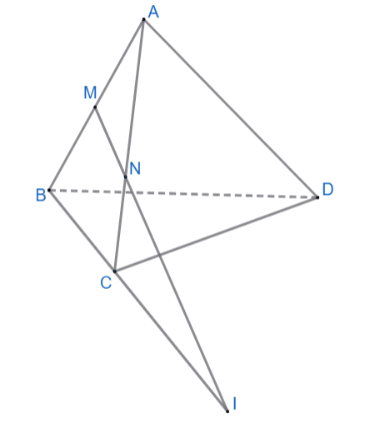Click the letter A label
pyautogui.click(x=153, y=12)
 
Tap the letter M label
pyautogui.click(x=90, y=92)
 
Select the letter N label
pyautogui.click(x=135, y=168)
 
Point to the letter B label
pyautogui.click(x=41, y=195)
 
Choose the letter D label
pyautogui.click(x=327, y=190)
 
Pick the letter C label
pyautogui.click(x=106, y=283)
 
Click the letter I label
pyautogui.click(x=235, y=403)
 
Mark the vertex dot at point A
pyautogui.click(x=143, y=19)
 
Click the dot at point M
pyautogui.click(x=95, y=107)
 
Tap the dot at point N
pyautogui.click(x=125, y=177)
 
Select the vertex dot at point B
pyautogui.click(x=49, y=190)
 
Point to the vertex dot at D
pyautogui.click(x=317, y=197)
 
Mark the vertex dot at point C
pyautogui.click(x=114, y=271)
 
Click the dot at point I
pyautogui.click(x=227, y=411)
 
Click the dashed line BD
pyautogui.click(x=183, y=194)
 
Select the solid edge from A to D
pyautogui.click(x=231, y=108)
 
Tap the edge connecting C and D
pyautogui.click(x=216, y=234)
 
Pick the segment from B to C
pyautogui.click(x=82, y=231)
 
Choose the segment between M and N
pyautogui.click(x=110, y=142)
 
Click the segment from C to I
pyautogui.click(x=171, y=341)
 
